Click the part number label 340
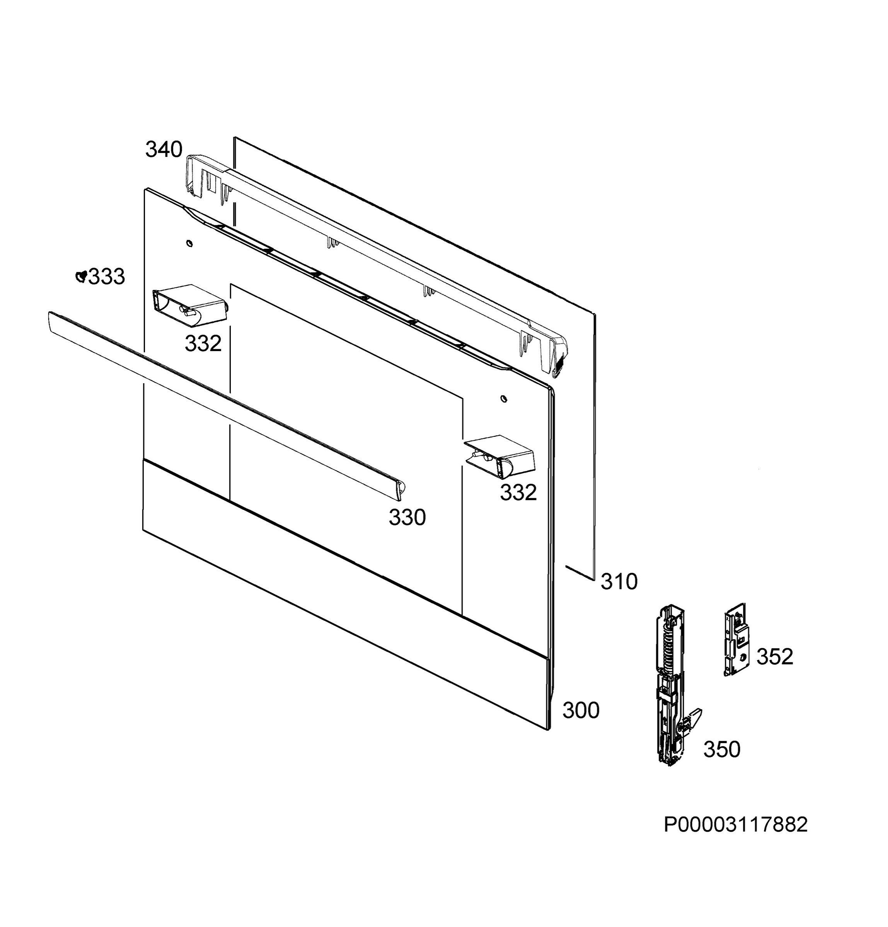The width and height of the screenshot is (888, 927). (164, 150)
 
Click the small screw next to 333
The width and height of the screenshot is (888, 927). (81, 277)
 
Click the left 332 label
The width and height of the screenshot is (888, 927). (203, 344)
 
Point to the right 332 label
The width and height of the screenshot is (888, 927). (518, 493)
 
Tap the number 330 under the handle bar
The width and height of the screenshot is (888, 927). (407, 518)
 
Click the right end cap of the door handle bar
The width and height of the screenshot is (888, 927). (399, 489)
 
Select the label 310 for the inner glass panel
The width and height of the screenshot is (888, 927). (619, 582)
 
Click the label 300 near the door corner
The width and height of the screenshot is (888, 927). (581, 710)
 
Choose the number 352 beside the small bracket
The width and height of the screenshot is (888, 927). (775, 657)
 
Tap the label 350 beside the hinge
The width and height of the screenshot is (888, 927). (722, 750)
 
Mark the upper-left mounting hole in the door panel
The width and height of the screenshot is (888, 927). (189, 244)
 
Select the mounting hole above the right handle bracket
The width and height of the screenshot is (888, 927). (504, 398)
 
